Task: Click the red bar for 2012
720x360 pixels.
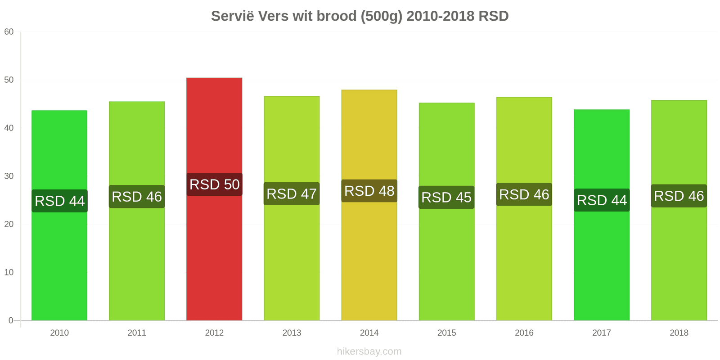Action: [x=214, y=199]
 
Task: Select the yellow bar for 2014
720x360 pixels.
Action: [x=369, y=205]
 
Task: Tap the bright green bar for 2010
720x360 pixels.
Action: [x=59, y=216]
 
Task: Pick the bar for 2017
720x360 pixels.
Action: [x=602, y=215]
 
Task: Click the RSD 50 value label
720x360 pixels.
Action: [x=214, y=184]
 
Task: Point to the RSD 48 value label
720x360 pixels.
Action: [x=369, y=191]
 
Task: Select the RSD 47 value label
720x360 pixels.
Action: [x=292, y=194]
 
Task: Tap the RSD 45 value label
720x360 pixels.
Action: [x=446, y=198]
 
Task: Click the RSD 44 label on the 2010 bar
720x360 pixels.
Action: [x=59, y=201]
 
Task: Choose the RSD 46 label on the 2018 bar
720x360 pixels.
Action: [x=679, y=196]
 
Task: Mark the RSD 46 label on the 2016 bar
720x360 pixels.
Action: [x=524, y=194]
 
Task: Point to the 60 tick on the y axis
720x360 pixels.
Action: [x=9, y=32]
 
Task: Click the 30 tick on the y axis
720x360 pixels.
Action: [x=9, y=176]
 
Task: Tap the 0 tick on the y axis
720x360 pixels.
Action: [x=11, y=320]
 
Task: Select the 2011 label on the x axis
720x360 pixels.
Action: [x=137, y=333]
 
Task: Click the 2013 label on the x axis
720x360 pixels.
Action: [x=292, y=333]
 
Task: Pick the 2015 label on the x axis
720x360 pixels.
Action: [x=447, y=333]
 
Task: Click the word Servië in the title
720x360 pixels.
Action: [x=232, y=16]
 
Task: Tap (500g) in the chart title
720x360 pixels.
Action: [x=381, y=16]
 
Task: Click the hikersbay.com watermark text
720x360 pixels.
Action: [x=369, y=351]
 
